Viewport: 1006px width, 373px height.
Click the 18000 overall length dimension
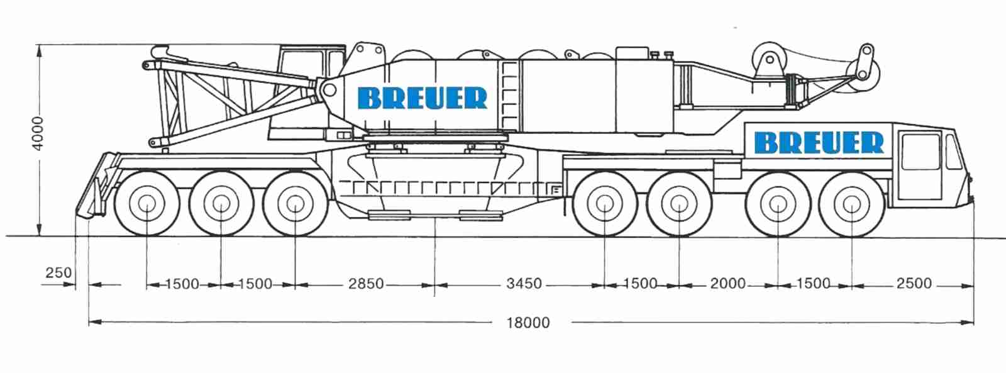[528, 323]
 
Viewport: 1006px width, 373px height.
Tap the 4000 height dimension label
[38, 133]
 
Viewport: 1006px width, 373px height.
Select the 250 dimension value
[58, 273]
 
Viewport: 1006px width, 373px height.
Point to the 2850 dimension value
[366, 284]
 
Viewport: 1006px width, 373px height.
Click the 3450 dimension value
[524, 284]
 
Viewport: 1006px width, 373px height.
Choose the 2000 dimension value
[727, 284]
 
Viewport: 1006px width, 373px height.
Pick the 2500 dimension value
[914, 283]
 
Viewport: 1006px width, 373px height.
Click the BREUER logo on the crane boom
[422, 98]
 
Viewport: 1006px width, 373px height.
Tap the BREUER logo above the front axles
[819, 142]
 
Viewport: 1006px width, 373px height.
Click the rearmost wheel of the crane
[147, 204]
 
